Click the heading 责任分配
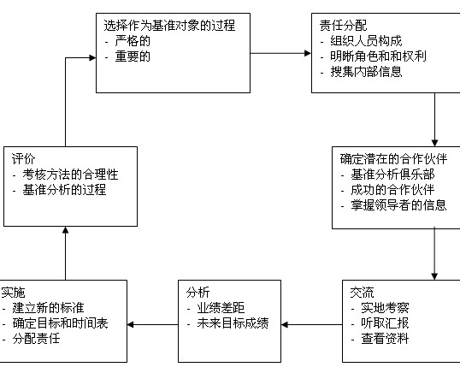coord(343,26)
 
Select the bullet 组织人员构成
coord(366,41)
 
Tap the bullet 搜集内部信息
coord(366,72)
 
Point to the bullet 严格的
coord(133,41)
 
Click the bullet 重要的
coord(133,56)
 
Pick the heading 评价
coord(23,159)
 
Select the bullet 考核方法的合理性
coord(70,175)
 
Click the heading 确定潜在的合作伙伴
coord(393,159)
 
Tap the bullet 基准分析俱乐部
coord(392,175)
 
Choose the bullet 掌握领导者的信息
coord(399,205)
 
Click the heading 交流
coord(362,293)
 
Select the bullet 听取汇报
coord(385,323)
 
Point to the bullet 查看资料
coord(385,339)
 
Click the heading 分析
coord(198,293)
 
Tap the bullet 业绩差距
coord(221,308)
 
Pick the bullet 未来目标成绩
coord(233,323)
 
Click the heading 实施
coord(13,293)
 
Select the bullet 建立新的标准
coord(48,308)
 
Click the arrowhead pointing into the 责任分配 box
coord(308,53)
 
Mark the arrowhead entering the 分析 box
coord(285,324)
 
